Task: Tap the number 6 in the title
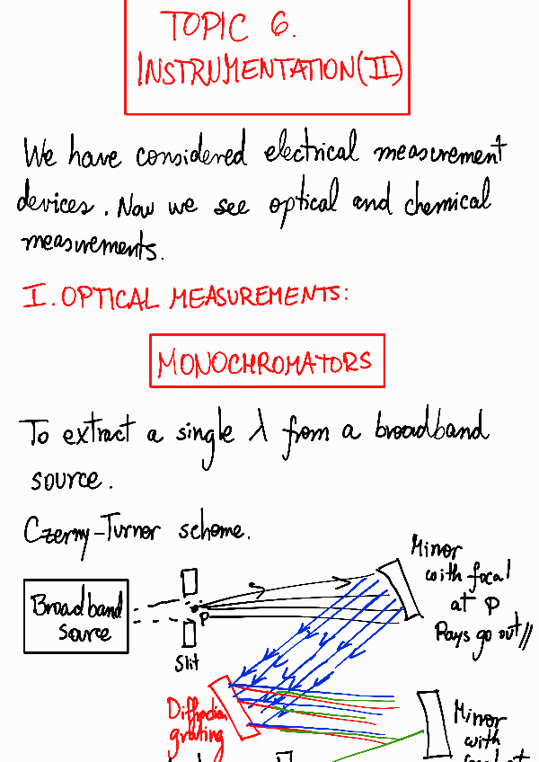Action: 279,27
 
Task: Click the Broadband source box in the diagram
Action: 76,616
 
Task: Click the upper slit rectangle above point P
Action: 189,583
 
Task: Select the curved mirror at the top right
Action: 397,589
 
